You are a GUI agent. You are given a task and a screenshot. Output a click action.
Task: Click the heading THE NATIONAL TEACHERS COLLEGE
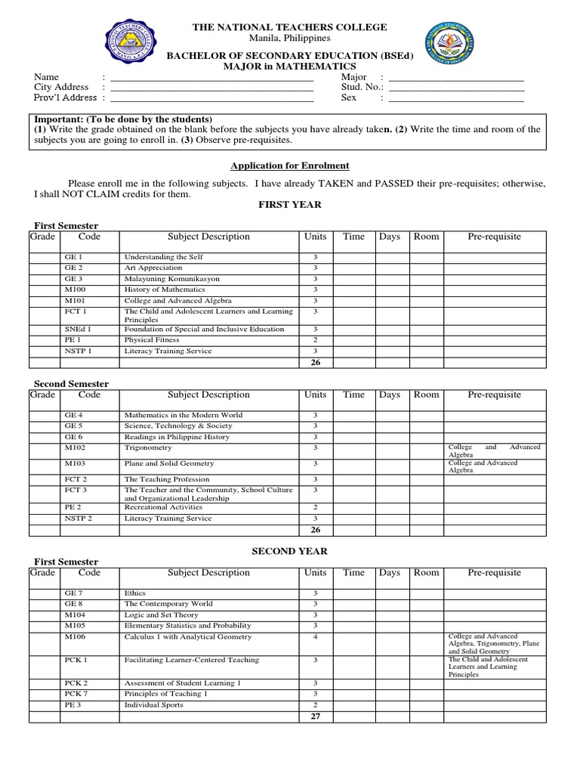point(290,27)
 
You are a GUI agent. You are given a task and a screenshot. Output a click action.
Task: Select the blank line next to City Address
point(211,88)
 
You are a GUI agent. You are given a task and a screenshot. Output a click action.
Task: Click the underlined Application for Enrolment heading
point(290,166)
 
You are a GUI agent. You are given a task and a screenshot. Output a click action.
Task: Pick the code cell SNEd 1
point(78,330)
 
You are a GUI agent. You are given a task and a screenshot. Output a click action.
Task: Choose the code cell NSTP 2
point(79,519)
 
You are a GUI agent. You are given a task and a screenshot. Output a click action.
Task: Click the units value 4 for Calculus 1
point(315,637)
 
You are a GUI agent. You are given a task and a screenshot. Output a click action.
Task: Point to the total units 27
point(315,717)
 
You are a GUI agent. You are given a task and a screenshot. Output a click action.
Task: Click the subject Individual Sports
point(153,705)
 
